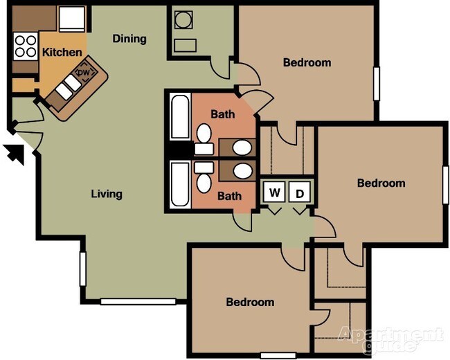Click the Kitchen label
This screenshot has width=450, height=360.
tap(62, 52)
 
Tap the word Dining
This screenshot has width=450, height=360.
tap(129, 39)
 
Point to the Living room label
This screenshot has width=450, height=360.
tap(107, 194)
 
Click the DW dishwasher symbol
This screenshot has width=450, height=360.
tap(84, 73)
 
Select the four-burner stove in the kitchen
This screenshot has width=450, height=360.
tap(26, 46)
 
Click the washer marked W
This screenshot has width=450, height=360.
tap(274, 192)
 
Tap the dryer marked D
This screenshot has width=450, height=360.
tap(300, 192)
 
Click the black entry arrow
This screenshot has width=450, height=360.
tap(15, 154)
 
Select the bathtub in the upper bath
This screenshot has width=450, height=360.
tap(180, 116)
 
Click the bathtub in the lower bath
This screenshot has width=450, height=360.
tap(180, 184)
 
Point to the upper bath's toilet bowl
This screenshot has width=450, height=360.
tap(204, 133)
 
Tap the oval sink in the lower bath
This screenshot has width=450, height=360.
tap(243, 171)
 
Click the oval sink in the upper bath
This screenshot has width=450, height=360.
tap(242, 147)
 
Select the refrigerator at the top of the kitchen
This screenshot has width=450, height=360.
tap(72, 19)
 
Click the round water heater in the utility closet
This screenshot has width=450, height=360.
tap(183, 20)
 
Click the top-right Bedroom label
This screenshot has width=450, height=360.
tap(307, 62)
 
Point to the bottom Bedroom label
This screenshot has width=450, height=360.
tap(250, 302)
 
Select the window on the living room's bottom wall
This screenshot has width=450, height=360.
tap(138, 301)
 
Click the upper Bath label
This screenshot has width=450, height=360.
tap(223, 114)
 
